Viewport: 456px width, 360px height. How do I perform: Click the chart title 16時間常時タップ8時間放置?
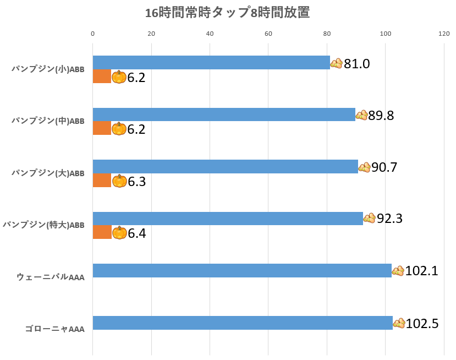tap(228, 13)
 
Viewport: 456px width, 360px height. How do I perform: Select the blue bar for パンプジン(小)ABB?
tap(211, 63)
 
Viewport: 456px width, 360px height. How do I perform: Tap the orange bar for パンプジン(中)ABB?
tap(102, 128)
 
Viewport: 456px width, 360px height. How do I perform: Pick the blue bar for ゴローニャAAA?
tap(243, 323)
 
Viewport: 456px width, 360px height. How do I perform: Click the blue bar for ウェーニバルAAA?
tap(242, 270)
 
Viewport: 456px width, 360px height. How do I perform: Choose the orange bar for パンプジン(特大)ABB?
tap(102, 232)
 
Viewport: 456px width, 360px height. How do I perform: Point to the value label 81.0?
tap(357, 64)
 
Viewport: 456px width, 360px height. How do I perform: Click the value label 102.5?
tap(422, 324)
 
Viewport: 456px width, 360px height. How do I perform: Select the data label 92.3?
tap(390, 219)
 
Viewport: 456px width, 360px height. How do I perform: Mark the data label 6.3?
tap(136, 182)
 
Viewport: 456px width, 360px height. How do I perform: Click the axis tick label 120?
tap(444, 34)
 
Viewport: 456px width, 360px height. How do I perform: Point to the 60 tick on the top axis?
tap(268, 34)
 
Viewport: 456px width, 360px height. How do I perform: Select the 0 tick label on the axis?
tap(93, 34)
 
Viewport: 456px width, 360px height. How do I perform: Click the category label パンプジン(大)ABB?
tap(48, 173)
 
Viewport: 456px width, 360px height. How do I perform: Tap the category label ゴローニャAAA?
tap(54, 329)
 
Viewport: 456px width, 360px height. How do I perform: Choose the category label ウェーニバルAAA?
tap(51, 277)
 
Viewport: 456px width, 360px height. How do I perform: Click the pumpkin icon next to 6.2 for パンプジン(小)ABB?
tap(119, 77)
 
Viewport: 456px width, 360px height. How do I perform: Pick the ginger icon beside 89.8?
tap(362, 115)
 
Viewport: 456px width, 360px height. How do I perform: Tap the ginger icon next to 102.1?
tap(398, 270)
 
